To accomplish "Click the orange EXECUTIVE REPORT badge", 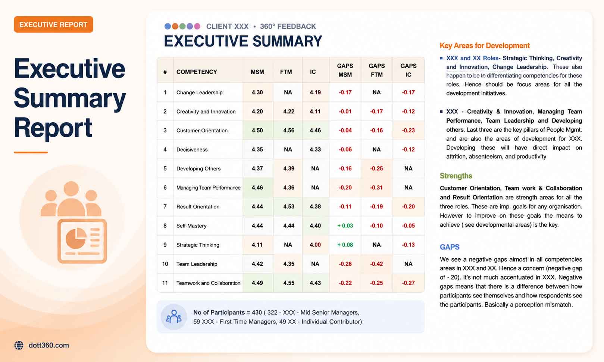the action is click(x=53, y=25).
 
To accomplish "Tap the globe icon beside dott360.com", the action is click(x=19, y=345).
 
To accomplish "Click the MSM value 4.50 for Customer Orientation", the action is click(x=257, y=130).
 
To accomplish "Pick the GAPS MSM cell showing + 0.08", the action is click(x=345, y=245).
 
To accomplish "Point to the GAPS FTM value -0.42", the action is click(x=376, y=264).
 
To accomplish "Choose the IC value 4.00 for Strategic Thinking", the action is click(x=315, y=245).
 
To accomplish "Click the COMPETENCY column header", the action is click(x=197, y=72).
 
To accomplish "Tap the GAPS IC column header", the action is click(x=408, y=70).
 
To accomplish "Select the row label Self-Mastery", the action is click(x=191, y=226).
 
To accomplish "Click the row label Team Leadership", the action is click(x=197, y=264).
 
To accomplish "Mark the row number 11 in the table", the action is click(x=165, y=283).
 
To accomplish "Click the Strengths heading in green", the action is click(x=456, y=176).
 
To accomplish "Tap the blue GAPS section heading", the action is click(x=450, y=247).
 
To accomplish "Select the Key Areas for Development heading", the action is click(x=485, y=45).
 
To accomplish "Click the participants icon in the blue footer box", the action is click(x=174, y=317).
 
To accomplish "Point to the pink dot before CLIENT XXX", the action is click(x=197, y=26).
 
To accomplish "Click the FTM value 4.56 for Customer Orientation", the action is click(x=288, y=130).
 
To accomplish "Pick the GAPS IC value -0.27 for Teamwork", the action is click(x=408, y=283).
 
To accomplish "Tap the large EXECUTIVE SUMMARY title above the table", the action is click(x=243, y=41).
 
